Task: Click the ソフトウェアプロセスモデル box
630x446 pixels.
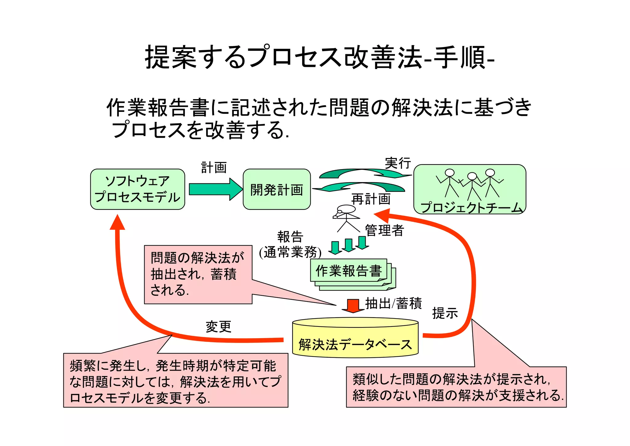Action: (x=138, y=189)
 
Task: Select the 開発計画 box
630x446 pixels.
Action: (x=277, y=189)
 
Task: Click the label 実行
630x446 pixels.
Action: (x=397, y=163)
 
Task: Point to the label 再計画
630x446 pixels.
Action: (x=371, y=199)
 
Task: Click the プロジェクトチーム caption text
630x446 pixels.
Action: (x=471, y=207)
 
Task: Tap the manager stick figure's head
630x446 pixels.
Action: (x=347, y=209)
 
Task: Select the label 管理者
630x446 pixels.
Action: (x=384, y=230)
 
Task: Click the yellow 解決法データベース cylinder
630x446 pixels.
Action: (x=355, y=339)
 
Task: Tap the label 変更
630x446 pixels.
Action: (x=218, y=326)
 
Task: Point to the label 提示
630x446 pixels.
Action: (x=445, y=313)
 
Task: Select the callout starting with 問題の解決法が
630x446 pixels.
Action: (x=198, y=274)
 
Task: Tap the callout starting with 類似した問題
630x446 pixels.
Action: (x=456, y=387)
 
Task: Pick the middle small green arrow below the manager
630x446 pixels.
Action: (x=349, y=245)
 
